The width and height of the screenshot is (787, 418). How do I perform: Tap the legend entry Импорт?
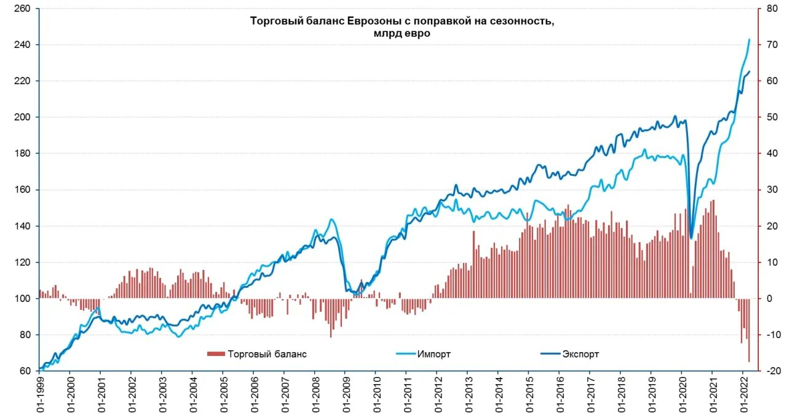(x=433, y=354)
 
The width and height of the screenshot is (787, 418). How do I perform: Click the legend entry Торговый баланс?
(x=267, y=354)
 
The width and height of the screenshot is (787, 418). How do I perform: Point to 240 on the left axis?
(x=24, y=45)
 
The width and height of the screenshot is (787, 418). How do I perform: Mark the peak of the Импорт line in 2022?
(x=749, y=39)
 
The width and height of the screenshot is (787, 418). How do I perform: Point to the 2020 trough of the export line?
(x=691, y=238)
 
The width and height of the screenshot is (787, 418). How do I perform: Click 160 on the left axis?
(x=24, y=190)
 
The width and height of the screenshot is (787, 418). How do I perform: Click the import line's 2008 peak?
(x=331, y=219)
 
